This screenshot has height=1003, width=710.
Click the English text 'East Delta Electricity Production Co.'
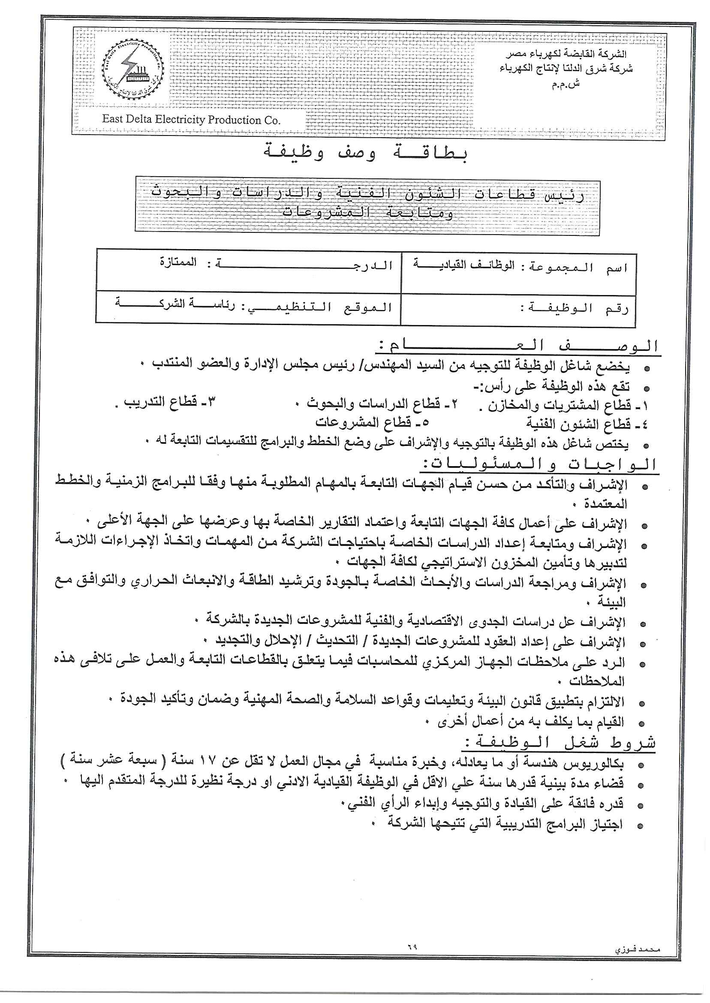pos(191,119)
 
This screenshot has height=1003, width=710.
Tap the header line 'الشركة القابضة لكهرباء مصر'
pos(566,54)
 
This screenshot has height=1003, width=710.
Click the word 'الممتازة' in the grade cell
pos(178,263)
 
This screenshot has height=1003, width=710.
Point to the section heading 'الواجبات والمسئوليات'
pos(540,464)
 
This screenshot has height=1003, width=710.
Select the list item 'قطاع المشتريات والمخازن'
pos(564,406)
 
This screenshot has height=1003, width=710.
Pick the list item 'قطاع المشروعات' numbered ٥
pos(372,422)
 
